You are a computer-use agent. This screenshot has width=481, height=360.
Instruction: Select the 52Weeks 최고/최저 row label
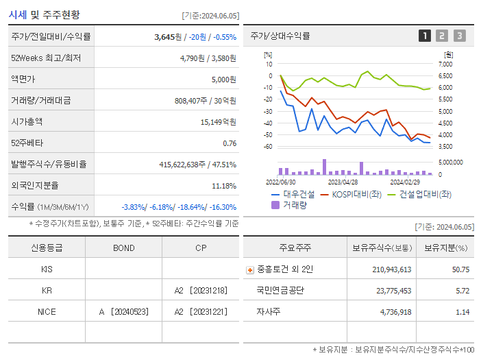click(x=46, y=58)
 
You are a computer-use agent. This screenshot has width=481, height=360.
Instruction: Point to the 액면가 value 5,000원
click(x=223, y=80)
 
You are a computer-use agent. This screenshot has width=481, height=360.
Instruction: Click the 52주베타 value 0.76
click(x=230, y=143)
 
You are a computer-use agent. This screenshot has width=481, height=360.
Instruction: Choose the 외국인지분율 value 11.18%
click(x=224, y=186)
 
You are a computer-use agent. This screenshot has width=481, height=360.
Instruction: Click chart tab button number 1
click(x=425, y=36)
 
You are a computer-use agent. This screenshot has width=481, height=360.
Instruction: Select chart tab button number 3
click(x=459, y=36)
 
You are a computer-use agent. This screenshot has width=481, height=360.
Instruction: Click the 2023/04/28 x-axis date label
click(x=343, y=182)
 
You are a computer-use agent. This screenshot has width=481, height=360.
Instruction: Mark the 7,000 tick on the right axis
click(x=445, y=64)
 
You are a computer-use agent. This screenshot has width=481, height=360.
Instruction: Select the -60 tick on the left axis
click(x=269, y=147)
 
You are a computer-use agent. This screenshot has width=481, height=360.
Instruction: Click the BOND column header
click(x=123, y=248)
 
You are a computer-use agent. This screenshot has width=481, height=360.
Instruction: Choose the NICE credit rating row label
click(x=47, y=311)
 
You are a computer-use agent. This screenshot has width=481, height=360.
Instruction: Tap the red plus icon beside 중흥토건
click(x=250, y=270)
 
